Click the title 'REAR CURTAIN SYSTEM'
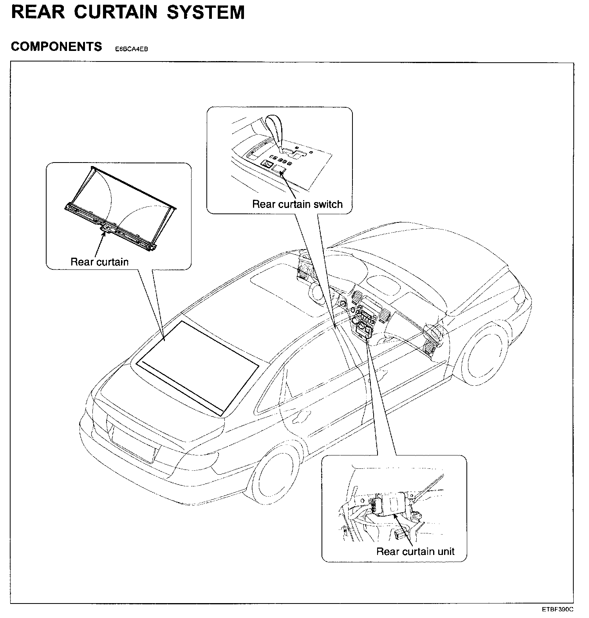[128, 12]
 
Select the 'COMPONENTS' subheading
[56, 47]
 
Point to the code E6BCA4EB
[131, 49]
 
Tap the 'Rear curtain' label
[99, 262]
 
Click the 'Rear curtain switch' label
[297, 204]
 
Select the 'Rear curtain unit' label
[415, 551]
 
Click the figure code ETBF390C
[558, 609]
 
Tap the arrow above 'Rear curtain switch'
[288, 184]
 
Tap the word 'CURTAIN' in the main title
[116, 12]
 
